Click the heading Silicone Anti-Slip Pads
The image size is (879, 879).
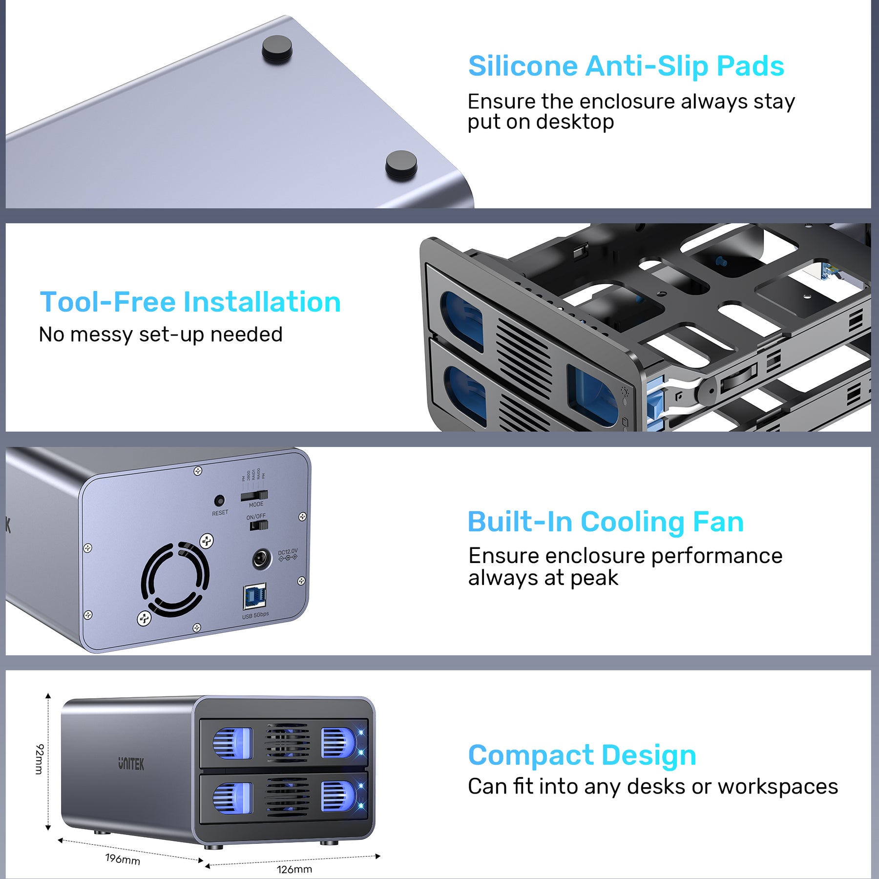pos(626,66)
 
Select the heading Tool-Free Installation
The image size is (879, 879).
pos(190,302)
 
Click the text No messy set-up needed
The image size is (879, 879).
pos(161,335)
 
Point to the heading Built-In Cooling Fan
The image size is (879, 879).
pos(606,522)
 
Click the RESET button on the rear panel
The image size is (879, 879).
pos(219,501)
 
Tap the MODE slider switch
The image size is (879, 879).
pos(254,496)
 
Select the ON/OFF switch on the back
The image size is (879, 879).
pos(259,525)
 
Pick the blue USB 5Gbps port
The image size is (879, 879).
pos(254,596)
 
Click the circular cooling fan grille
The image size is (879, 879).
pos(175,579)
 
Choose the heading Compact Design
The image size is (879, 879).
pos(582,755)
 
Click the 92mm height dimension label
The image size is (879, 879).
pos(40,759)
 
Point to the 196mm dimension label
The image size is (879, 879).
pos(123,859)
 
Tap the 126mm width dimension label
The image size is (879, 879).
pos(294,869)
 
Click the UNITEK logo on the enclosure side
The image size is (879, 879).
pos(131,764)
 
